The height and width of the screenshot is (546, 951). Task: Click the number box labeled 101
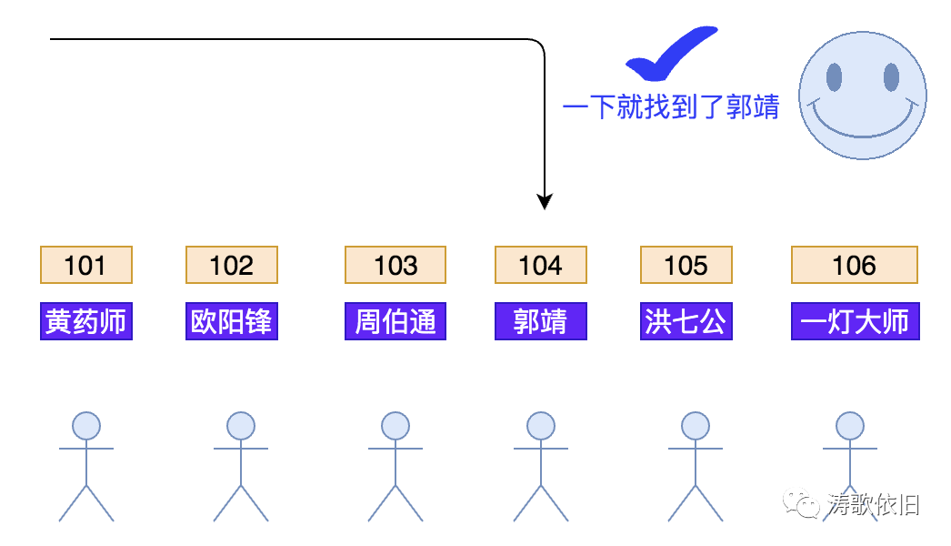pyautogui.click(x=86, y=265)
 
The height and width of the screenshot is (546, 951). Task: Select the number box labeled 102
pyautogui.click(x=232, y=265)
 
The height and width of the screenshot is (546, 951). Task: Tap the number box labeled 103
pyautogui.click(x=395, y=265)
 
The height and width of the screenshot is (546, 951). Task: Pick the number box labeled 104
pyautogui.click(x=541, y=265)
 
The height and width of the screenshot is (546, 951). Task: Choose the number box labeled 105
pyautogui.click(x=686, y=265)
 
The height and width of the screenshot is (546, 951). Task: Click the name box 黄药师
pyautogui.click(x=86, y=321)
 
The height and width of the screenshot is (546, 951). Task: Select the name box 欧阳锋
pyautogui.click(x=232, y=321)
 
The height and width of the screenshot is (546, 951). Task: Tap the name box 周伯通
pyautogui.click(x=395, y=321)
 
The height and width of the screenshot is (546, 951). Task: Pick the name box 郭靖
pyautogui.click(x=541, y=321)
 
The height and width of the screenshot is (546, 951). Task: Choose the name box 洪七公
pyautogui.click(x=686, y=321)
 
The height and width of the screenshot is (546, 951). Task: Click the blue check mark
pyautogui.click(x=668, y=56)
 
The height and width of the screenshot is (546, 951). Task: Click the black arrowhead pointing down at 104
pyautogui.click(x=544, y=202)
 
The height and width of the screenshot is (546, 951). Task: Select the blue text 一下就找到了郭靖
pyautogui.click(x=671, y=107)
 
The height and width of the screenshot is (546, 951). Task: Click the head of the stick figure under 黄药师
pyautogui.click(x=86, y=426)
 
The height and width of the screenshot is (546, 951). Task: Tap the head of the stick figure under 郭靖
pyautogui.click(x=541, y=426)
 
